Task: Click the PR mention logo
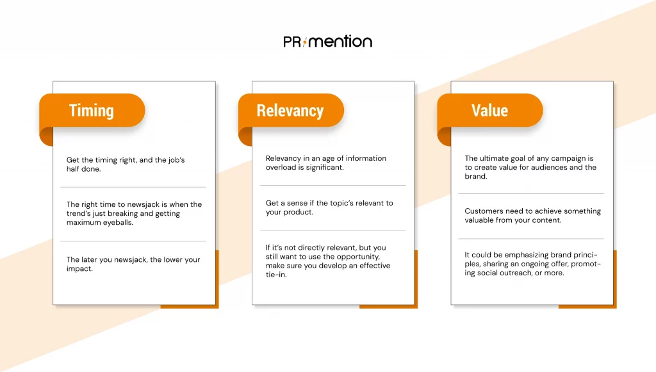tap(327, 42)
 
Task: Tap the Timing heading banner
tap(92, 110)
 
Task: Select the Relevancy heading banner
tap(291, 110)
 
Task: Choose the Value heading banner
tap(490, 110)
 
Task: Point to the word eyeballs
tap(118, 222)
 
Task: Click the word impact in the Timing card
tap(79, 269)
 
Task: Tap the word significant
tap(325, 168)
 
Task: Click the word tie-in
tap(276, 275)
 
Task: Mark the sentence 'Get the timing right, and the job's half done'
tap(126, 165)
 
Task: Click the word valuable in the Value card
tap(479, 220)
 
